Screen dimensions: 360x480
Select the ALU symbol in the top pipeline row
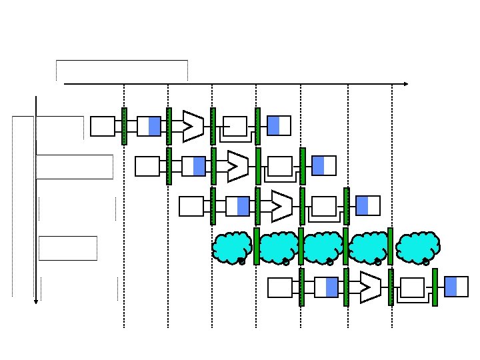coord(193,125)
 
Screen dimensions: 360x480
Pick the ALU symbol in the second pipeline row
coord(237,166)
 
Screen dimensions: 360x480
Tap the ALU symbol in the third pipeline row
coord(281,206)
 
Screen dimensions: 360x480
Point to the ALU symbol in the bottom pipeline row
coord(370,287)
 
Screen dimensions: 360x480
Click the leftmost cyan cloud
coord(232,247)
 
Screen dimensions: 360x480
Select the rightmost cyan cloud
coord(417,247)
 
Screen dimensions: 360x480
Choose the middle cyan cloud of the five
coord(323,247)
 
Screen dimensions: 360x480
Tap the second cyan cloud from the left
coord(279,247)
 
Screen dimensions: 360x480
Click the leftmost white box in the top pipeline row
coord(103,126)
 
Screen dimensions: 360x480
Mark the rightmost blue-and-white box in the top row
coord(279,126)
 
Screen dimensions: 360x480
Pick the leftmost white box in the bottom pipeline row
coord(280,287)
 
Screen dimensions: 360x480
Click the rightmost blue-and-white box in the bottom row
coord(457,287)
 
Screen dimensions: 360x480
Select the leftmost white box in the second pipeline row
coord(147,166)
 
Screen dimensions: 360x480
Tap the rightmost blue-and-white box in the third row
coord(368,206)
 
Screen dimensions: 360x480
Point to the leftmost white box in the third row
coord(191,206)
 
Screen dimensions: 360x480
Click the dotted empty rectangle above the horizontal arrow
coord(122,70)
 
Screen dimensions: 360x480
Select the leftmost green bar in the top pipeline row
coord(124,126)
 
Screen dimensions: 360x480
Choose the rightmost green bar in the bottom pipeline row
coord(435,287)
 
